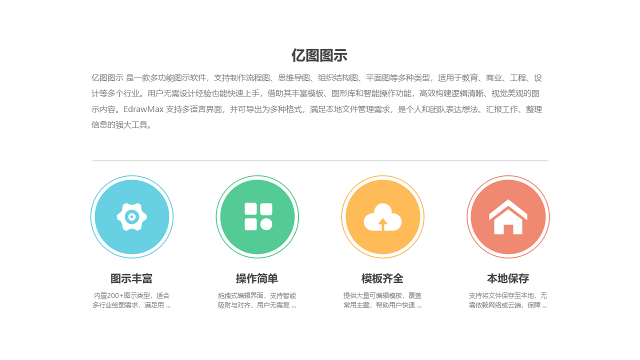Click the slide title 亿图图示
click(319, 55)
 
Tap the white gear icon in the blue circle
click(132, 217)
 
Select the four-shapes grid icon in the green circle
click(258, 217)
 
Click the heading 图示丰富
click(131, 278)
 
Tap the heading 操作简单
click(257, 278)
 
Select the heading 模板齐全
click(382, 278)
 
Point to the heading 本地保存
click(508, 278)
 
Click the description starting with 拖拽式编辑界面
click(257, 300)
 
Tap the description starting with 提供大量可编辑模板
click(382, 300)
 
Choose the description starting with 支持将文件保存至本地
click(508, 300)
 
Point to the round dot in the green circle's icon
click(266, 224)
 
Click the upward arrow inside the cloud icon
click(383, 223)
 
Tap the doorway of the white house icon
click(508, 229)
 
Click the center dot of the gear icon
click(131, 216)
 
